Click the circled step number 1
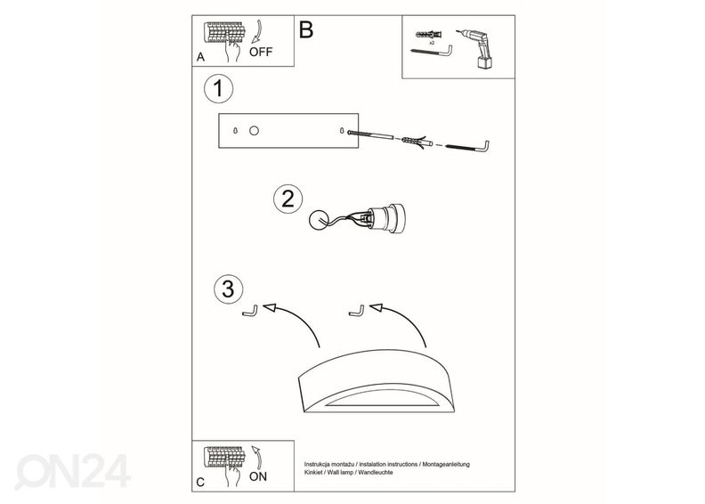(218, 88)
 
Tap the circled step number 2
(288, 199)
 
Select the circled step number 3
(229, 289)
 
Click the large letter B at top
(305, 29)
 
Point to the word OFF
(261, 53)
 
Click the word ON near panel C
(258, 476)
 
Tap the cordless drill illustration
(476, 49)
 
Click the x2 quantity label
(432, 43)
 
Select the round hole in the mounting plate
(254, 131)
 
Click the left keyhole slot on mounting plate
(236, 131)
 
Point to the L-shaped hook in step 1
(467, 147)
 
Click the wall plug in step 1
(417, 142)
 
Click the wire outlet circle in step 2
(320, 220)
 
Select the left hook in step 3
(250, 311)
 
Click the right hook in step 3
(357, 311)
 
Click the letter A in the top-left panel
(200, 57)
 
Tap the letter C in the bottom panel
(200, 482)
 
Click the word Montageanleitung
(446, 464)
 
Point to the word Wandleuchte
(376, 472)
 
